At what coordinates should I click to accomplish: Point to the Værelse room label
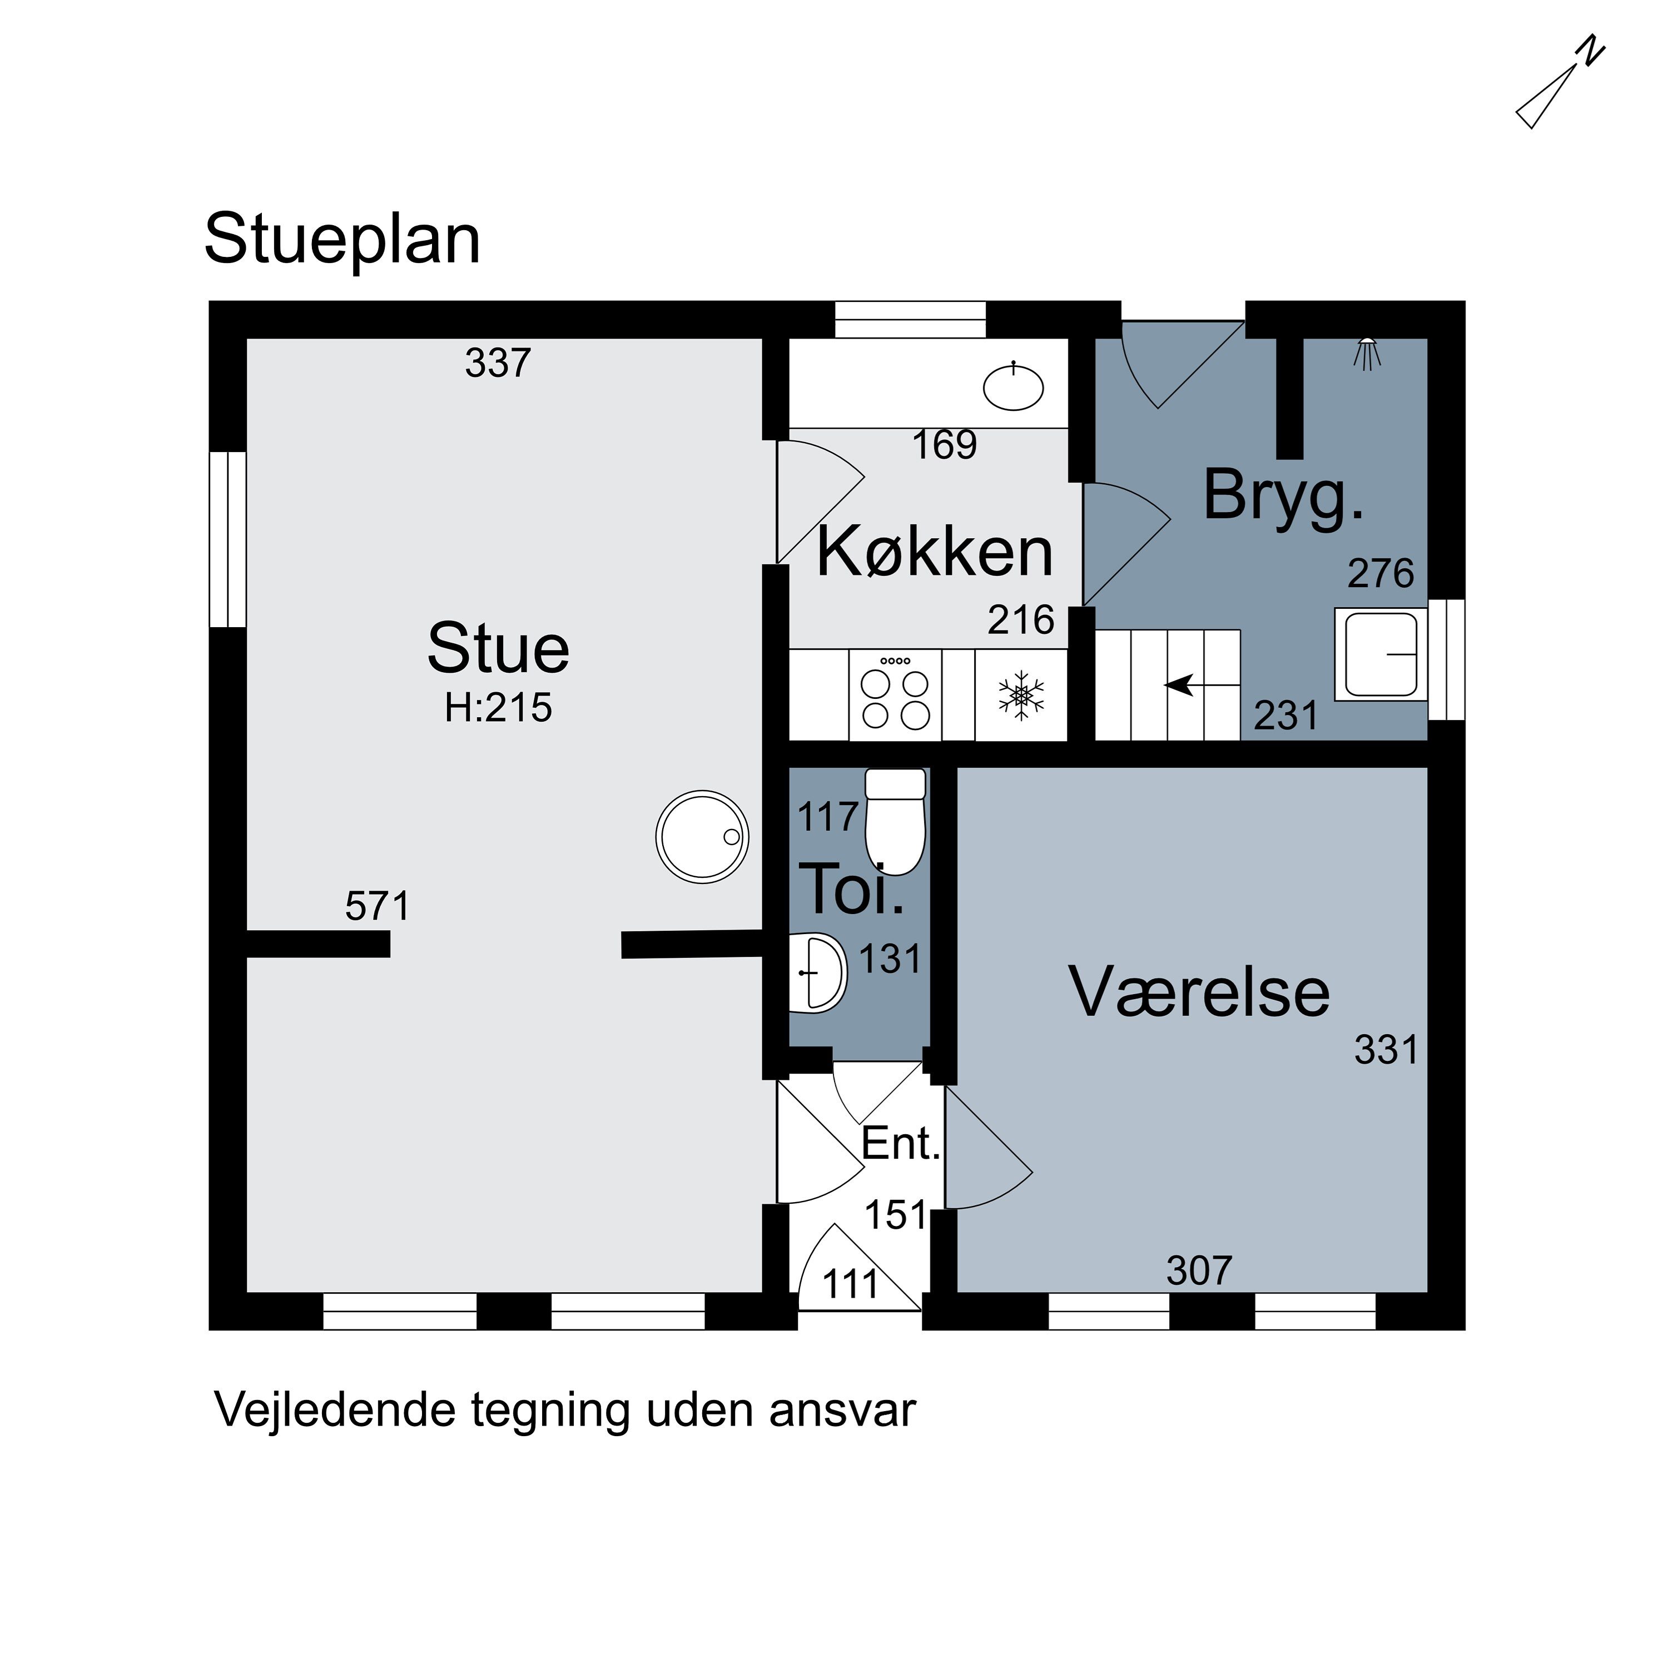point(1199,992)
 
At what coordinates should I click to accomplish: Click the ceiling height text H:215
point(498,708)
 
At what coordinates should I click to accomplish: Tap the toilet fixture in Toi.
point(895,821)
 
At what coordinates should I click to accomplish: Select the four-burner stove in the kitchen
point(895,697)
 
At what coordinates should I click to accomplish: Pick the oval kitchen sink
point(1014,388)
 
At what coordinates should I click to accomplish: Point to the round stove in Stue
point(702,836)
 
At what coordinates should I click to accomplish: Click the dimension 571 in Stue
point(378,906)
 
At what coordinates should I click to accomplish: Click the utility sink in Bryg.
point(1379,654)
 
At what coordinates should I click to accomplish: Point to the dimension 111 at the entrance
point(851,1285)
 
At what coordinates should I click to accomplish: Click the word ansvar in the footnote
point(842,1410)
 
